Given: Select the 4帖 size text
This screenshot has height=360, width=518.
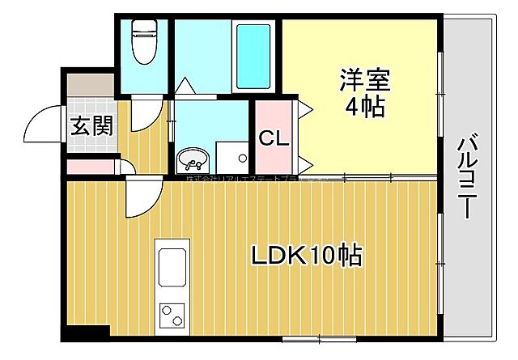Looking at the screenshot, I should tap(366, 108).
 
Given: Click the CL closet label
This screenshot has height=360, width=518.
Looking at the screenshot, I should tap(274, 138).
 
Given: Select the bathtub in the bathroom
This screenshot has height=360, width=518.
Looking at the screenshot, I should tap(253, 55).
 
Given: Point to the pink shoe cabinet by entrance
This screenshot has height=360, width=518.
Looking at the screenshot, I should tap(91, 167).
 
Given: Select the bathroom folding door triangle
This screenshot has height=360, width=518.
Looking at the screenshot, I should tap(185, 85).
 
